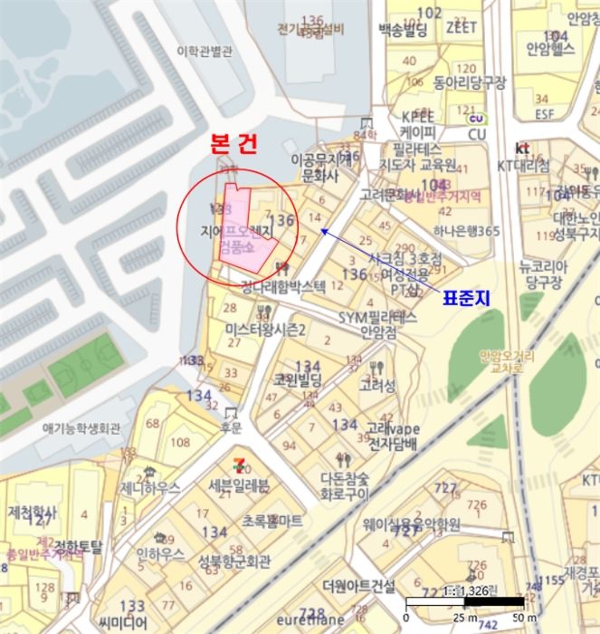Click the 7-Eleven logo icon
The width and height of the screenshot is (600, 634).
(x=238, y=464)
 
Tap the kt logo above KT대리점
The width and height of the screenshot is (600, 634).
(x=522, y=148)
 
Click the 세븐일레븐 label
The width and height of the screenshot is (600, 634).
(x=239, y=485)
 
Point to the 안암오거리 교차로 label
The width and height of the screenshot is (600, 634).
(x=508, y=361)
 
